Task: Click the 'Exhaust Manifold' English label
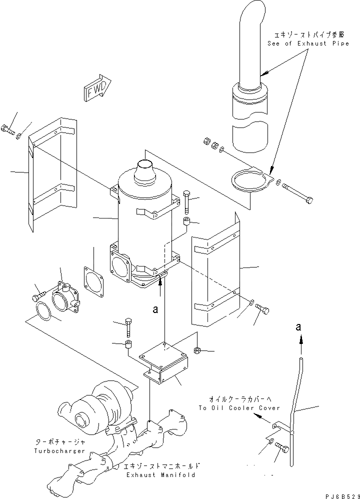[x=160, y=474]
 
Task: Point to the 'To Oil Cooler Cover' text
[x=232, y=408]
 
